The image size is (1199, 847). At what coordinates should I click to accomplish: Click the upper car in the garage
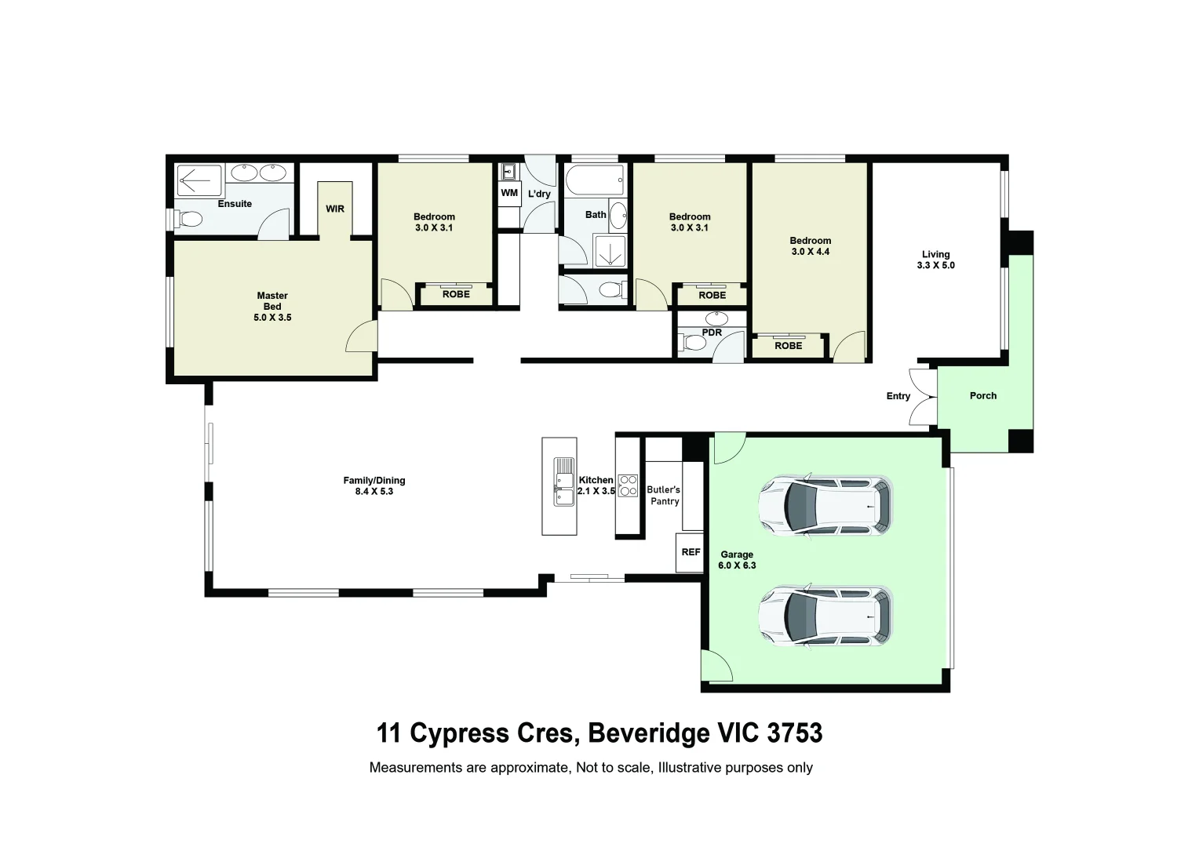click(825, 506)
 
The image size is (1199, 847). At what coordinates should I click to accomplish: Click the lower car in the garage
click(825, 616)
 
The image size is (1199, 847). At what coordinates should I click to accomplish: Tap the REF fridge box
click(691, 552)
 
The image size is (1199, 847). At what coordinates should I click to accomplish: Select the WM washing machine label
click(509, 193)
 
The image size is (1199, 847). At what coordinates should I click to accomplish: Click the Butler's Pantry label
click(664, 496)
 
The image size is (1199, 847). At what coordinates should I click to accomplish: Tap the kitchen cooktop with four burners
click(628, 485)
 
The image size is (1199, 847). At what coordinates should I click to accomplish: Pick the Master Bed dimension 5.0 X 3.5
click(272, 318)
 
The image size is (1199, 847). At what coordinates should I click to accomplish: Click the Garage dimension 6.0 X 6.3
click(737, 565)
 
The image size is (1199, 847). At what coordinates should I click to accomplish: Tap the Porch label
click(982, 396)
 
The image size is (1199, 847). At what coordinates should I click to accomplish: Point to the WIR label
click(335, 209)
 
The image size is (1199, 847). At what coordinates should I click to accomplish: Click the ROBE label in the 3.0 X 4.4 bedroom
click(788, 346)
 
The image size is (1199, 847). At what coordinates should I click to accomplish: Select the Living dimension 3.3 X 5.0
click(935, 265)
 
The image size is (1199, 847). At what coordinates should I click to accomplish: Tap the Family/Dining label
click(374, 481)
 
